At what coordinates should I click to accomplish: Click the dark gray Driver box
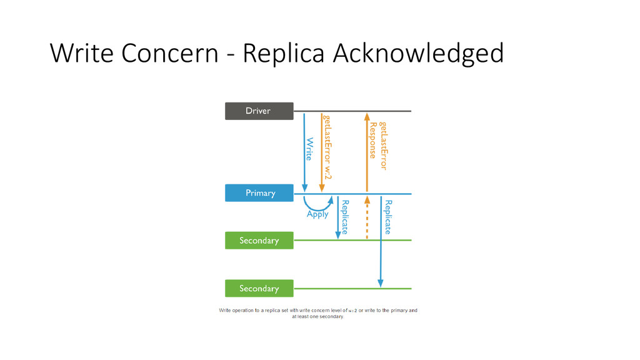[x=259, y=111]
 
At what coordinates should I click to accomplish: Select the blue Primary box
[x=259, y=193]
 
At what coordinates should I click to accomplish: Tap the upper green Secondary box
[x=259, y=241]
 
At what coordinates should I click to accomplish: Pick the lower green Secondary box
[x=259, y=288]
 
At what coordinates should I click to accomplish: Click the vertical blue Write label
[x=309, y=149]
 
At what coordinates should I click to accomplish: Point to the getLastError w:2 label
[x=327, y=146]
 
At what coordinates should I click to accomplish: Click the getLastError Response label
[x=378, y=146]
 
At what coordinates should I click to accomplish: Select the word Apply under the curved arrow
[x=317, y=214]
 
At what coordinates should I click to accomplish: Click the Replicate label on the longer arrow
[x=388, y=217]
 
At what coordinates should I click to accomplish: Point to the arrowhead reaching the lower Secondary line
[x=381, y=284]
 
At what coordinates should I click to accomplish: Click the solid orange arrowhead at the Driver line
[x=367, y=116]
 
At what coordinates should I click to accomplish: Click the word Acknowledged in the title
[x=418, y=53]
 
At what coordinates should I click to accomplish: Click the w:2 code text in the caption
[x=352, y=311]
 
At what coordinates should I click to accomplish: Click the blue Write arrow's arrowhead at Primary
[x=304, y=188]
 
